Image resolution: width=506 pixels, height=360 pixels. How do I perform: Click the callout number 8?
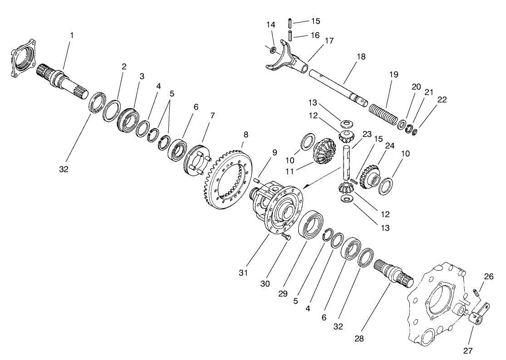(x=246, y=135)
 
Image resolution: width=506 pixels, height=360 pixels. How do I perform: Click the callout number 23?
(x=367, y=134)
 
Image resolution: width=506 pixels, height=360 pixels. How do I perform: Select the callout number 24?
(x=390, y=146)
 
